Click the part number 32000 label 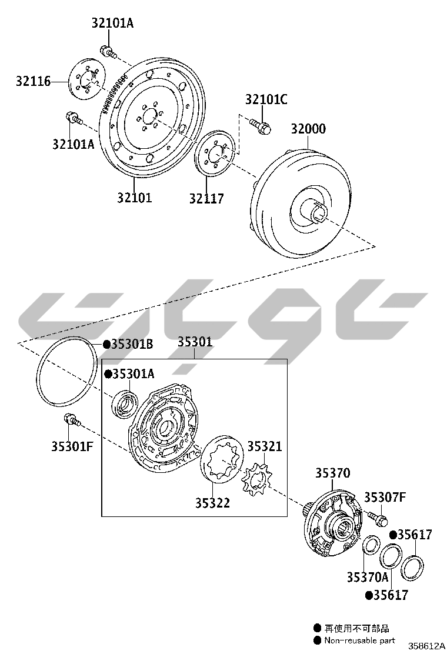click(x=308, y=128)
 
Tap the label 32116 click(x=34, y=81)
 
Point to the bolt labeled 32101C click(x=260, y=125)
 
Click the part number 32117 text click(x=206, y=198)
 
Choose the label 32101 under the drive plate click(x=134, y=197)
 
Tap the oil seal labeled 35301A click(x=125, y=403)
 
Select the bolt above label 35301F click(x=71, y=421)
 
